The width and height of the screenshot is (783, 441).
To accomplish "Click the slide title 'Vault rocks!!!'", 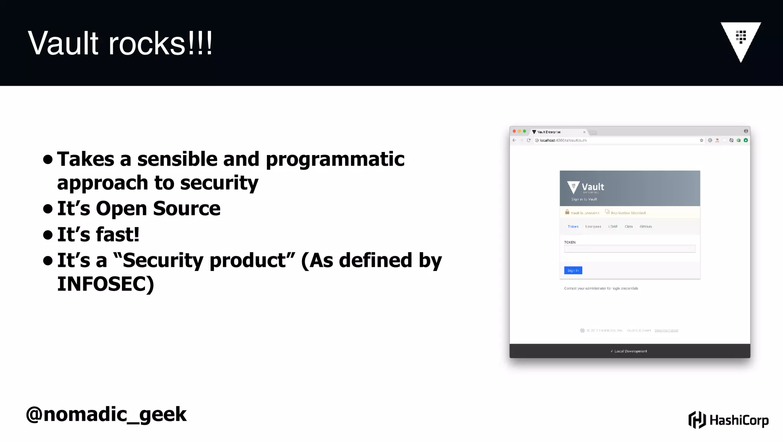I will pos(120,43).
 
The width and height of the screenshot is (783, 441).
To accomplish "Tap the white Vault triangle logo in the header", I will pos(741,40).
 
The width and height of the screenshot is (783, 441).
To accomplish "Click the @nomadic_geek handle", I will pos(106,414).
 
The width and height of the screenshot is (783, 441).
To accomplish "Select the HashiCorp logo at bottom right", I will pos(728,420).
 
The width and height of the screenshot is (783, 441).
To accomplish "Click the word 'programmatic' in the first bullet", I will pos(335,159).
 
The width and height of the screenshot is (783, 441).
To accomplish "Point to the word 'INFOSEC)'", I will pos(106,284).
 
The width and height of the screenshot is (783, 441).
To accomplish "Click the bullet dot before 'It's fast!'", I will pos(48,234).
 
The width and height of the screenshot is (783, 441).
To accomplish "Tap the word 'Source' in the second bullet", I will pos(187,209).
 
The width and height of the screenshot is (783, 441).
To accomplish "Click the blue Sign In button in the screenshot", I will pos(573,270).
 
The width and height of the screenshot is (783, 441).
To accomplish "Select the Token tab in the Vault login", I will pos(573,227).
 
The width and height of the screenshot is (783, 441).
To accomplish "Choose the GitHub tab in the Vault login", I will pos(645,227).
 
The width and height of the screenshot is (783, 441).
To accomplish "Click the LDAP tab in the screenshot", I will pos(613,227).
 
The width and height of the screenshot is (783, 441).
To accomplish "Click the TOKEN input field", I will pos(629,249).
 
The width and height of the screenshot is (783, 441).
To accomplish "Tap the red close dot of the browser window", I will pos(514,131).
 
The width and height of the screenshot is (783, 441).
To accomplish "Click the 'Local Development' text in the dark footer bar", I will pos(630,351).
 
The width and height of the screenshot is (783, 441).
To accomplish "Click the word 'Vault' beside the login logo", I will pos(593,187).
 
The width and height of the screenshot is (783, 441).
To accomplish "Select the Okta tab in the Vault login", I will pos(629,227).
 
